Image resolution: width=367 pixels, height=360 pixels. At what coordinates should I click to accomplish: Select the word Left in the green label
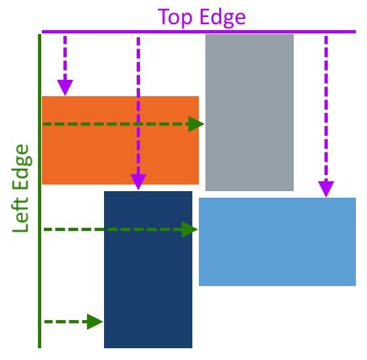[x=23, y=213]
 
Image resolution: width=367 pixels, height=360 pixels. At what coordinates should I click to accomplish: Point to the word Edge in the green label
[x=23, y=167]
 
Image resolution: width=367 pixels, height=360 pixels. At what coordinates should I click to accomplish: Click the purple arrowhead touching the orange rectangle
[x=65, y=88]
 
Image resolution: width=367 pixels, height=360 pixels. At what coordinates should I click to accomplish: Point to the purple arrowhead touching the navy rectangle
[x=138, y=182]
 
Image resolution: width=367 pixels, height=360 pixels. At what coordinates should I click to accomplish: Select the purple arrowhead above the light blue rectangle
[x=326, y=189]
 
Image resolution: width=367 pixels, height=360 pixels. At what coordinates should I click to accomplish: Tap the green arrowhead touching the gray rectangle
[x=196, y=124]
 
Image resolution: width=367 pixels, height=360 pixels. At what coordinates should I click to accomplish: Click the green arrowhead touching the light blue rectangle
[x=190, y=229]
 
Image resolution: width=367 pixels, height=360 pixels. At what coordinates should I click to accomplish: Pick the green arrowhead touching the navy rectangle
[x=95, y=321]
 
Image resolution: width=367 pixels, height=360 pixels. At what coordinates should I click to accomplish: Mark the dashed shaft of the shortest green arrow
[x=65, y=321]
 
